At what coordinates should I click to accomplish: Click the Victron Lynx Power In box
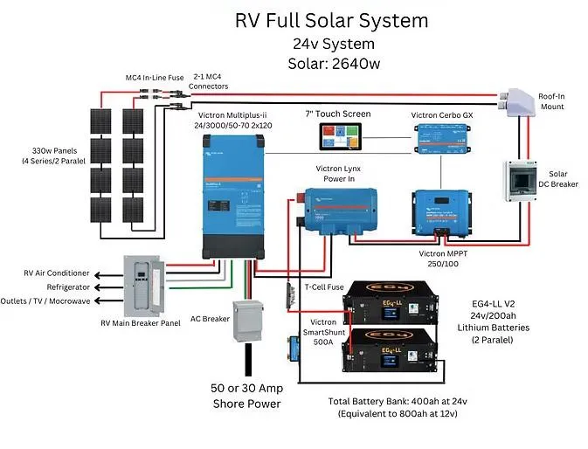340,211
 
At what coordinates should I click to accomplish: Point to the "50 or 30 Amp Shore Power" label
246,396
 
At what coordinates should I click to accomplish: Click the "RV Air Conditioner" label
58,273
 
